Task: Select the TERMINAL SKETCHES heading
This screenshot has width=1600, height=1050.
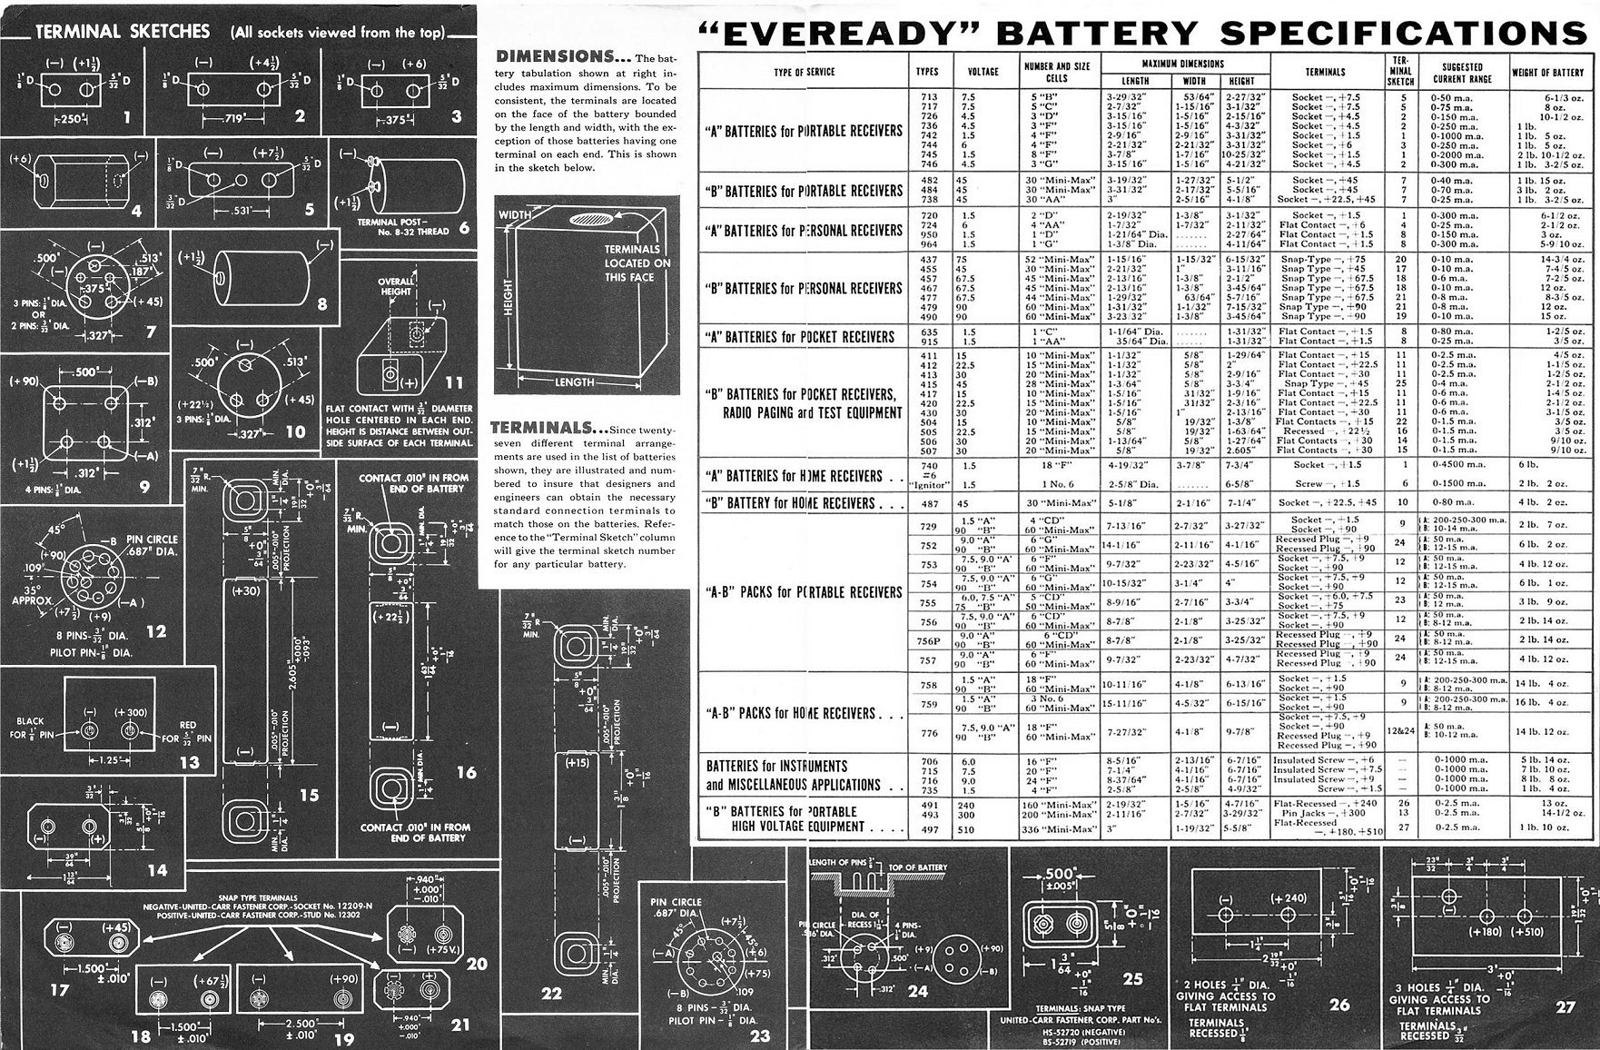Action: pyautogui.click(x=123, y=32)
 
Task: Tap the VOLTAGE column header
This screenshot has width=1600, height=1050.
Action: pyautogui.click(x=983, y=72)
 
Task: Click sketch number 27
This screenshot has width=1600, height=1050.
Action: pyautogui.click(x=1565, y=1007)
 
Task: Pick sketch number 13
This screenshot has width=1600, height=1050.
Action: pyautogui.click(x=189, y=763)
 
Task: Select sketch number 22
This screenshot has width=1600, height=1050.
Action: pyautogui.click(x=551, y=994)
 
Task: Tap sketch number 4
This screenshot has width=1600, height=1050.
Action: pyautogui.click(x=137, y=213)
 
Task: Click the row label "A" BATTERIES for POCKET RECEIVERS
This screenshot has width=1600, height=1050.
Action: pyautogui.click(x=800, y=337)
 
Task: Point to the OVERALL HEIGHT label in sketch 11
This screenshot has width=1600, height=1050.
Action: pyautogui.click(x=396, y=287)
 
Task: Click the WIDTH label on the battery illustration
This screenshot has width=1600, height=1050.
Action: pyautogui.click(x=515, y=214)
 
